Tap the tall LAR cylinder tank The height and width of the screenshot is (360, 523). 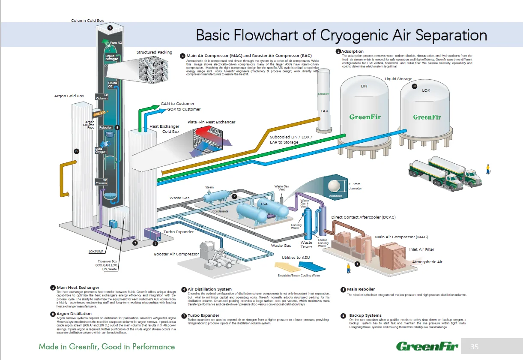(x=324, y=103)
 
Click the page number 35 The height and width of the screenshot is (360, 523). (x=475, y=347)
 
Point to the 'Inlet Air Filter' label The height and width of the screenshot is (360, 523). (x=421, y=249)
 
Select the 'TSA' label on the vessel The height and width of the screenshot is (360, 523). (x=264, y=204)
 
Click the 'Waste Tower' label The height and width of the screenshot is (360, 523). (x=306, y=245)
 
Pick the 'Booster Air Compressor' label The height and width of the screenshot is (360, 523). (x=176, y=254)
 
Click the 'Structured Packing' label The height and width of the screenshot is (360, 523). (x=154, y=52)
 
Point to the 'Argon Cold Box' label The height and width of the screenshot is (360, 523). (x=69, y=96)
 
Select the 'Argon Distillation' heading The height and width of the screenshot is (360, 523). (x=74, y=314)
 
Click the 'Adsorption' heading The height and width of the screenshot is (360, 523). (x=353, y=51)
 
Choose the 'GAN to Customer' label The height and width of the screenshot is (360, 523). (x=177, y=104)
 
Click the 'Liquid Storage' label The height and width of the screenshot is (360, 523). (x=398, y=79)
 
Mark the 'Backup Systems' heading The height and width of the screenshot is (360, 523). (x=365, y=315)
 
